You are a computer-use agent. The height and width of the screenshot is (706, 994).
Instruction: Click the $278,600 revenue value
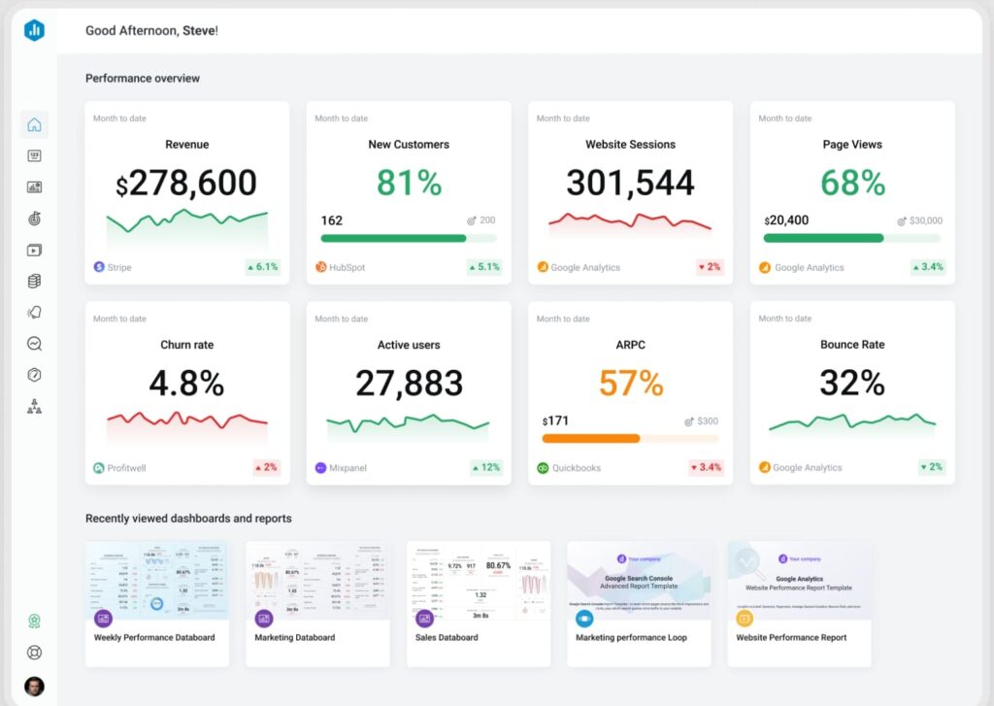(186, 184)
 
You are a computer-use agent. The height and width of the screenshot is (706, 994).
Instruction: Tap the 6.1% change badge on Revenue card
(262, 267)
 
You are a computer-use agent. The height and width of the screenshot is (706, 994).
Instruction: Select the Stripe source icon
(99, 267)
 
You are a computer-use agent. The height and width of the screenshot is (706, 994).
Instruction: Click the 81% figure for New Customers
(409, 184)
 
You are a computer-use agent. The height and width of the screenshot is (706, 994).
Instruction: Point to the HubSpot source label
(347, 267)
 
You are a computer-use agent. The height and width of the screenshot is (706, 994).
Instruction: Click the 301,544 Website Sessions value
(630, 184)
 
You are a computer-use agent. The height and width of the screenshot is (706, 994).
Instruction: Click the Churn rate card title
(186, 345)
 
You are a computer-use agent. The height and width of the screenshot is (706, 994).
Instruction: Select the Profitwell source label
(126, 468)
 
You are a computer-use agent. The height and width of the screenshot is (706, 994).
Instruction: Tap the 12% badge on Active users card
(485, 468)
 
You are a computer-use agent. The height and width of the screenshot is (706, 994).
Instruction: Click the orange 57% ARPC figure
(630, 384)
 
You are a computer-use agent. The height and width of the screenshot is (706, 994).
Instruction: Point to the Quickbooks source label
(577, 468)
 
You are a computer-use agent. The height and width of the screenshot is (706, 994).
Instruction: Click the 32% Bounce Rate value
(851, 384)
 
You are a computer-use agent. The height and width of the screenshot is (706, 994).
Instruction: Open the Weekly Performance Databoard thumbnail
(157, 581)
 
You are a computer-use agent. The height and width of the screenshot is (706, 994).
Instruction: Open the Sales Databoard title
(447, 638)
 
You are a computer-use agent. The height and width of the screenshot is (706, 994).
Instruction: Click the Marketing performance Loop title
(631, 638)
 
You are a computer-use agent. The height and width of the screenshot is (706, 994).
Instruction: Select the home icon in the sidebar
(34, 124)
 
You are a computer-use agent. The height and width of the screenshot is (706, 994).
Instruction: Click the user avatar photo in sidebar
(34, 686)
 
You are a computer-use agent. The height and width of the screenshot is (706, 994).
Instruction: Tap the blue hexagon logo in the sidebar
(34, 30)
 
